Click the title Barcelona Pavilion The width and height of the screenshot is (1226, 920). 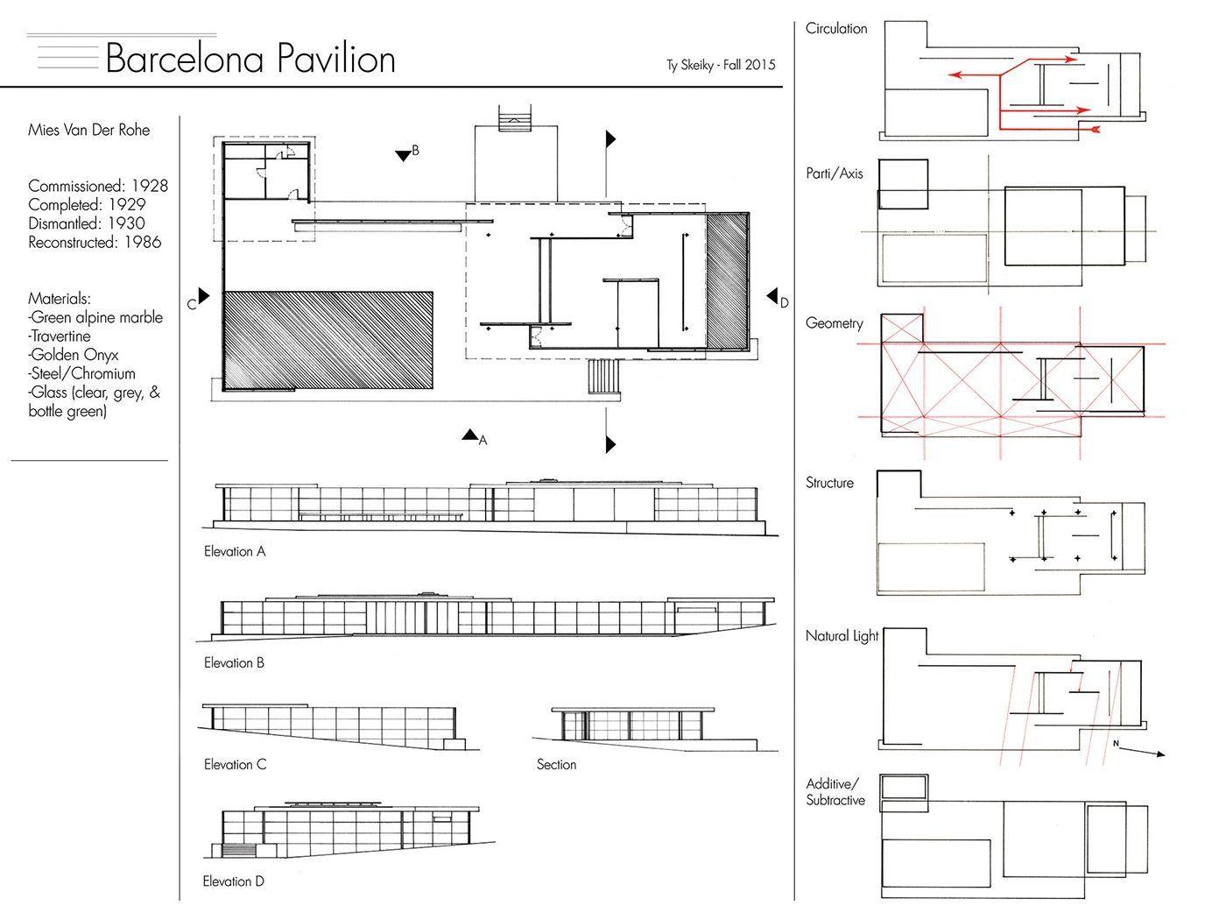250,58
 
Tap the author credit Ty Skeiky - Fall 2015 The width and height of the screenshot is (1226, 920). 721,66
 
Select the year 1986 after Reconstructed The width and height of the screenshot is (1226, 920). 143,242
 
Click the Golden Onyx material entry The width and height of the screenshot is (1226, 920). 74,355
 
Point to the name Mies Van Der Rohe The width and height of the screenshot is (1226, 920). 88,131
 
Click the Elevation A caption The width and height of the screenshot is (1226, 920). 235,551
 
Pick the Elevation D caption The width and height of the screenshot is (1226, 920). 234,881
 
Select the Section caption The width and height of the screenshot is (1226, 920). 556,764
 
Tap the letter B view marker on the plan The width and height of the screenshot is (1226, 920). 415,150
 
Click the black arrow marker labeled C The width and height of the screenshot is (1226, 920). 204,296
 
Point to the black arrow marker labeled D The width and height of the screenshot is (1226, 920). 772,295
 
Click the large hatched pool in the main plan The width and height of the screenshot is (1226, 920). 328,340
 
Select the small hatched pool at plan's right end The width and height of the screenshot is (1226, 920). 727,281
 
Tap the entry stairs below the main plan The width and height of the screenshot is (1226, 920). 603,377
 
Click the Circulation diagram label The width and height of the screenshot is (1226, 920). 836,29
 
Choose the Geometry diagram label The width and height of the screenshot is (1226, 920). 834,323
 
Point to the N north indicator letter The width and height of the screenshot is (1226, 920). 1116,743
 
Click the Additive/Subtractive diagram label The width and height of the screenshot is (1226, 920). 835,792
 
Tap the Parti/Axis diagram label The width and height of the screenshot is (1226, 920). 834,173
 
